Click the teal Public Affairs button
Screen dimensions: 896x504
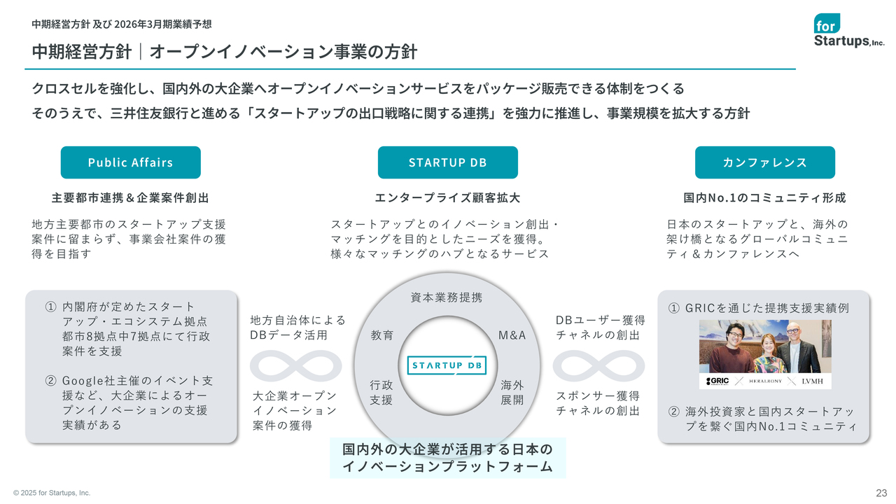click(130, 162)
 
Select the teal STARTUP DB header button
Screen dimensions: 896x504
click(447, 162)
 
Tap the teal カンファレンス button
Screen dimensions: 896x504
click(765, 162)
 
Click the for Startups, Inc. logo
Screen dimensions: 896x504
click(848, 30)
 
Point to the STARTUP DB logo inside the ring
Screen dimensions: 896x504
click(447, 365)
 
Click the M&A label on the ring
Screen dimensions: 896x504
click(512, 335)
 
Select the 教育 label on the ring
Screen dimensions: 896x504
click(382, 335)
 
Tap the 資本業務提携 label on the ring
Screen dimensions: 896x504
click(447, 297)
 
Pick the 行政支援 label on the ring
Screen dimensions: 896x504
click(381, 393)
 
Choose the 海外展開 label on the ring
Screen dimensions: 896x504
click(512, 393)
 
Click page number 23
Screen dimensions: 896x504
click(881, 493)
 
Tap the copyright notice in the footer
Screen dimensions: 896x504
click(52, 493)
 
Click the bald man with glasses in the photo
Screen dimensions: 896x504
click(799, 348)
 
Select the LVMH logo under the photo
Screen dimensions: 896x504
click(813, 381)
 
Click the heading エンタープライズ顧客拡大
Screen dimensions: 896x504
click(447, 197)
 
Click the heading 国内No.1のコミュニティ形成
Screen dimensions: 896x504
click(765, 197)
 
